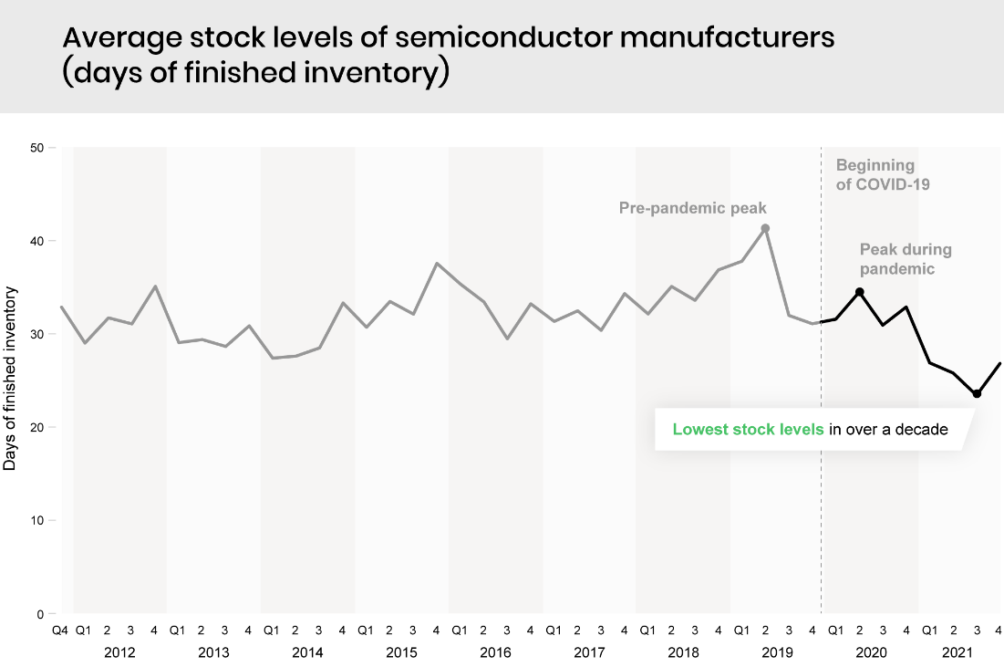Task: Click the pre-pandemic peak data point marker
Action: coord(765,228)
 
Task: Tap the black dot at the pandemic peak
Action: coord(859,292)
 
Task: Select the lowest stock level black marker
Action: coord(977,394)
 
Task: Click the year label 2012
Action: coord(119,652)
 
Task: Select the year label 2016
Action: coord(495,652)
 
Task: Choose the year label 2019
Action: coord(777,652)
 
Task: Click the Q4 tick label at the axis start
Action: coord(59,630)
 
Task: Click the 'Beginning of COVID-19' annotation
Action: coord(875,174)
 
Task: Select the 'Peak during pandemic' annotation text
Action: coord(906,259)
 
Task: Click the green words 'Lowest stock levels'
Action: coord(748,429)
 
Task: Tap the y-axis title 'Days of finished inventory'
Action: coord(10,379)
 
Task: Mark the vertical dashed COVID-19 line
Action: coord(822,502)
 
